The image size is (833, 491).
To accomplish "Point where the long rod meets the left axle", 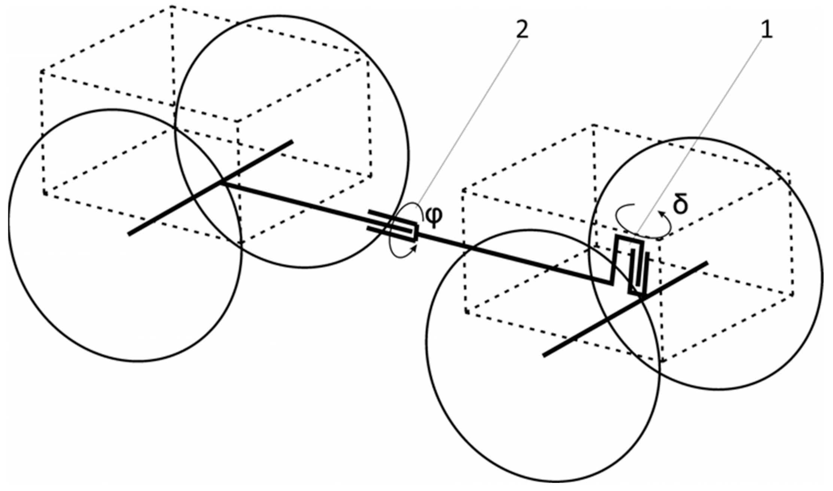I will [222, 182].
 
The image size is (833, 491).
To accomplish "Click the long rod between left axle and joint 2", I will [300, 202].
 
